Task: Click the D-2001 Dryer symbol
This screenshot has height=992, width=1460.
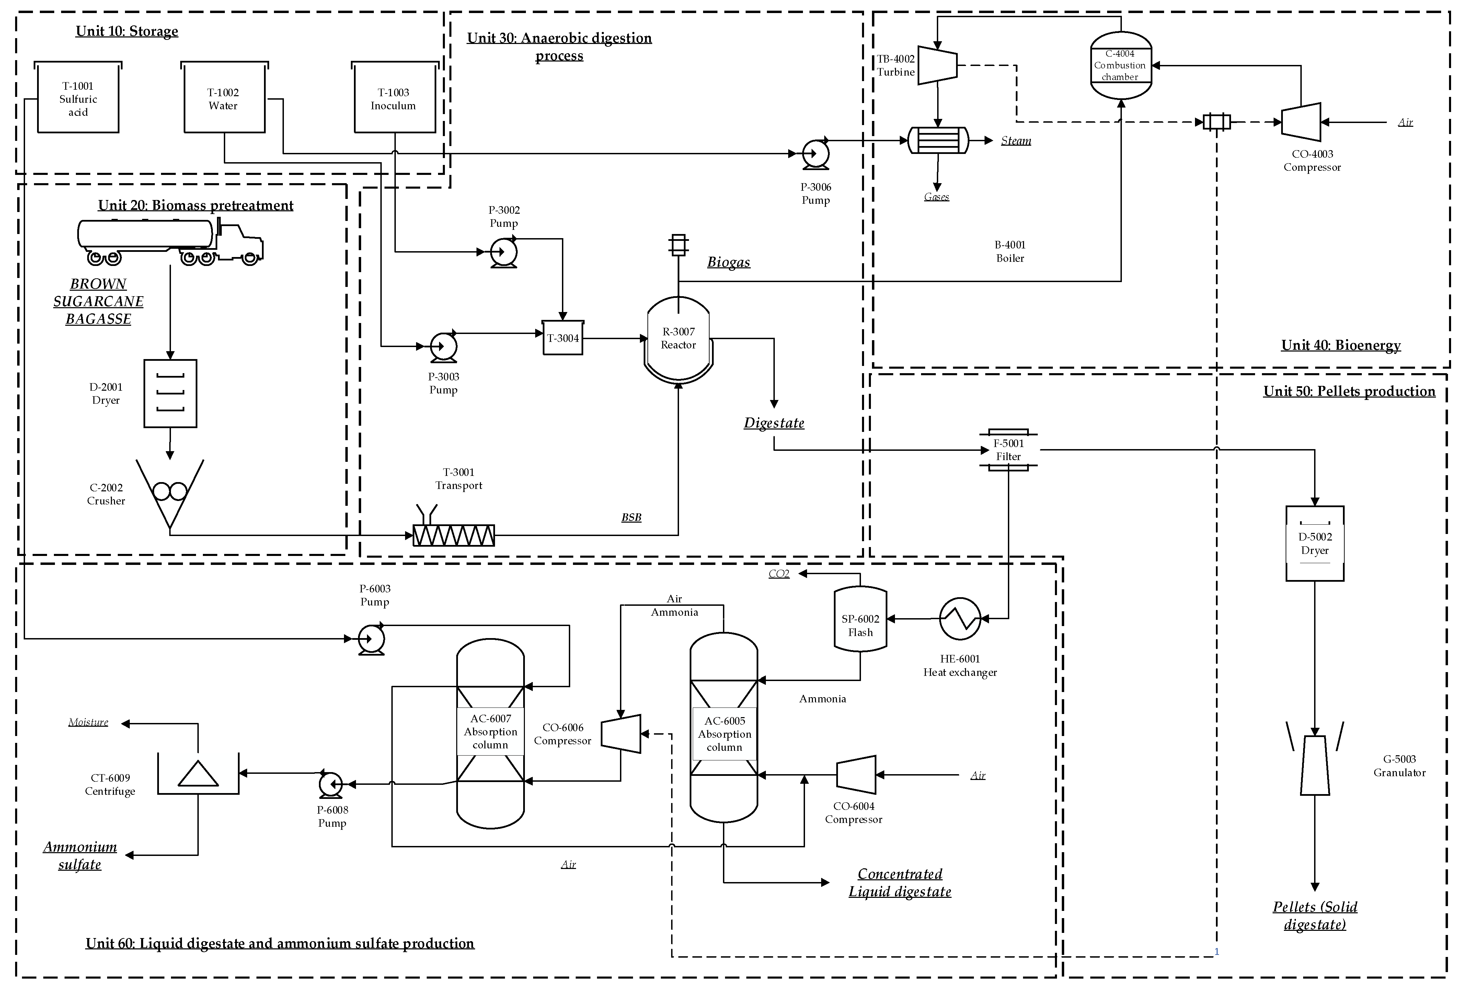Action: pyautogui.click(x=170, y=393)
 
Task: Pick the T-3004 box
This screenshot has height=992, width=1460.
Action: pyautogui.click(x=563, y=338)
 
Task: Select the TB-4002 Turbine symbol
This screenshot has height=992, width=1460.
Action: pyautogui.click(x=937, y=64)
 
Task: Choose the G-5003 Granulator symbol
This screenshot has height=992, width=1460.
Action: pyautogui.click(x=1315, y=765)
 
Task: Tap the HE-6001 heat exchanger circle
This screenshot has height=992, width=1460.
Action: pyautogui.click(x=960, y=618)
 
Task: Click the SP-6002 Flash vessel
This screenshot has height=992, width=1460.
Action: pyautogui.click(x=860, y=619)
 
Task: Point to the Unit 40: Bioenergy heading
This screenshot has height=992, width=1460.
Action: pyautogui.click(x=1341, y=345)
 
